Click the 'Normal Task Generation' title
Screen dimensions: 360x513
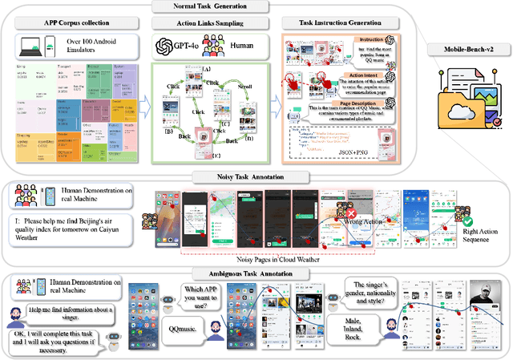click(x=215, y=7)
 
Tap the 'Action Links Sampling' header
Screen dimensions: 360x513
click(x=200, y=23)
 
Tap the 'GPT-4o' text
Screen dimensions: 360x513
click(x=187, y=46)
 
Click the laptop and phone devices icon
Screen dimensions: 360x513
click(x=34, y=46)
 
